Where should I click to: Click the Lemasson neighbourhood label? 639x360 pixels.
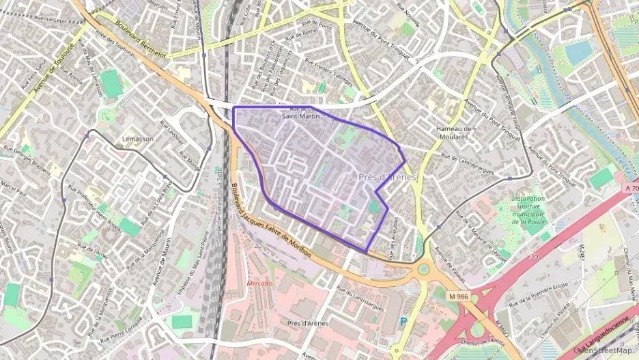tap(137, 139)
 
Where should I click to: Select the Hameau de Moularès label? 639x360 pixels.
tap(454, 133)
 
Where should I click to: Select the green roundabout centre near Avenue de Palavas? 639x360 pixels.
tap(423, 269)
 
